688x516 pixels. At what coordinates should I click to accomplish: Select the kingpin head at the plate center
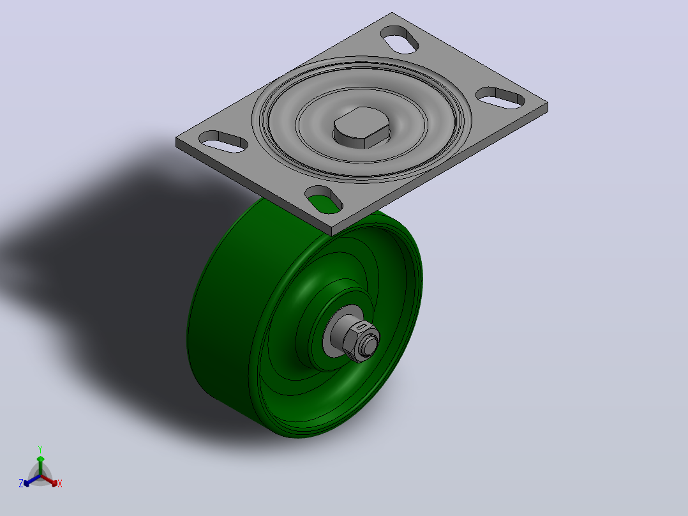coord(362,127)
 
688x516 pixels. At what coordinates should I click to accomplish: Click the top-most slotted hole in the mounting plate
coord(400,40)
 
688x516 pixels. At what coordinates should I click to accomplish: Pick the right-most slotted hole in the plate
coord(500,98)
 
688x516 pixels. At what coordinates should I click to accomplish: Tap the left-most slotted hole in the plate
coord(223,141)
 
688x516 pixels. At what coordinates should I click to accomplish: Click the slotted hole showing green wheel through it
coord(324,200)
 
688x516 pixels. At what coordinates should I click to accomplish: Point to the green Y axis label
coord(40,450)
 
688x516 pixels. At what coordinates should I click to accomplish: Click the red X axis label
coord(60,483)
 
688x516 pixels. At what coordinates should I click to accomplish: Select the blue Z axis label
coord(21,483)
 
